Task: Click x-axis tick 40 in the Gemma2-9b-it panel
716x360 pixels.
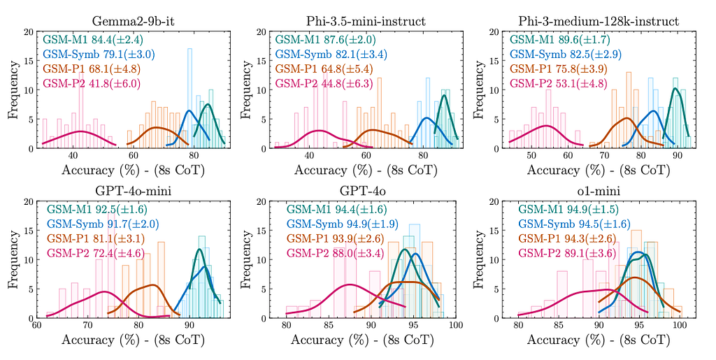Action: click(74, 157)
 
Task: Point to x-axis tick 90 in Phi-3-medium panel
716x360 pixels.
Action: click(677, 157)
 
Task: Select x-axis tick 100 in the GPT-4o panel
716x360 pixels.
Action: click(457, 326)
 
